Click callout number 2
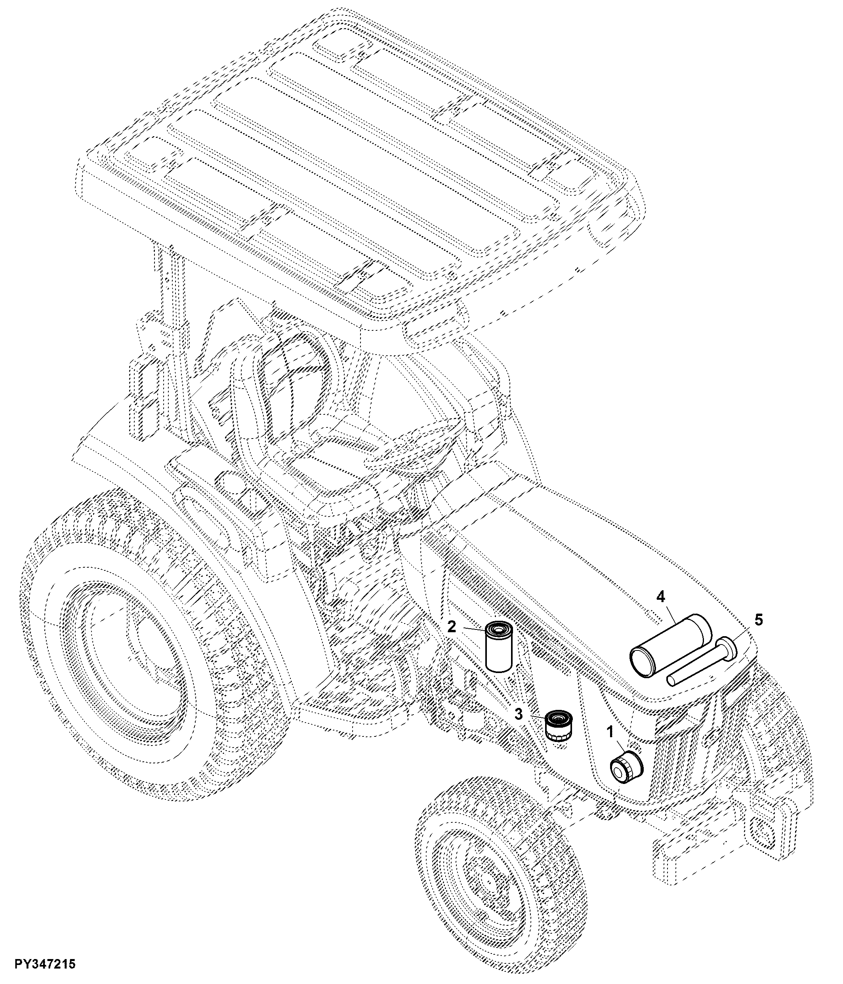[x=452, y=626]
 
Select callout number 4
[x=661, y=597]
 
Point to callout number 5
[x=759, y=619]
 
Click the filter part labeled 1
[x=626, y=766]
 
